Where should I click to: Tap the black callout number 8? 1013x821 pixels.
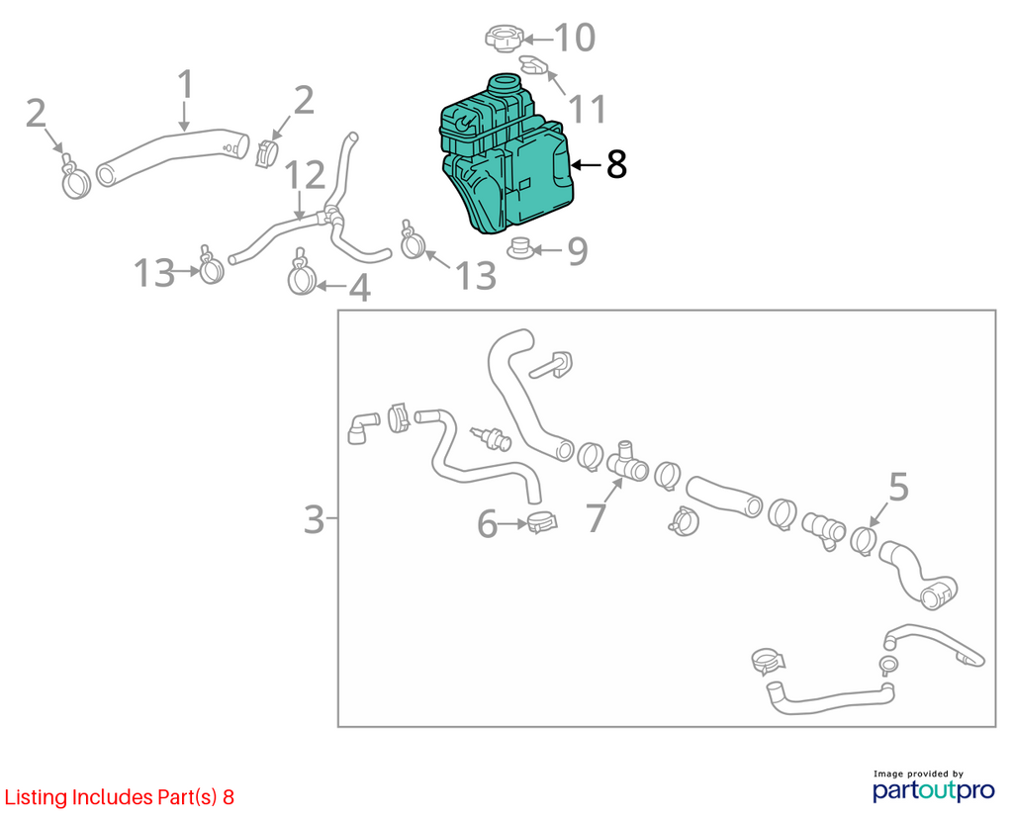click(616, 165)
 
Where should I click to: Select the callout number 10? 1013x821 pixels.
click(575, 38)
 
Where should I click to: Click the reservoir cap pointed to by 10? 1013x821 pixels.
click(504, 38)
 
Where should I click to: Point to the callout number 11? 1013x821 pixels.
click(588, 109)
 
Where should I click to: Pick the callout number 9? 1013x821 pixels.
click(578, 251)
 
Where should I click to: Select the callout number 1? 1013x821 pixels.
click(185, 84)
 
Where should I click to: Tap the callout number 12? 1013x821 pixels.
click(305, 175)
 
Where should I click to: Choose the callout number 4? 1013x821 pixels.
click(360, 288)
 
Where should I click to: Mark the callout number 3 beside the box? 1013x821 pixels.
click(314, 519)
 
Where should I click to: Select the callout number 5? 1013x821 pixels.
click(898, 487)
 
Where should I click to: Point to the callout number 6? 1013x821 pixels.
click(487, 523)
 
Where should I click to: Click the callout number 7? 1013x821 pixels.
click(596, 517)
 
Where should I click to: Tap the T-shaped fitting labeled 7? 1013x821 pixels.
click(626, 463)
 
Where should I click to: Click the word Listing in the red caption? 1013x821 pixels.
click(37, 797)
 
